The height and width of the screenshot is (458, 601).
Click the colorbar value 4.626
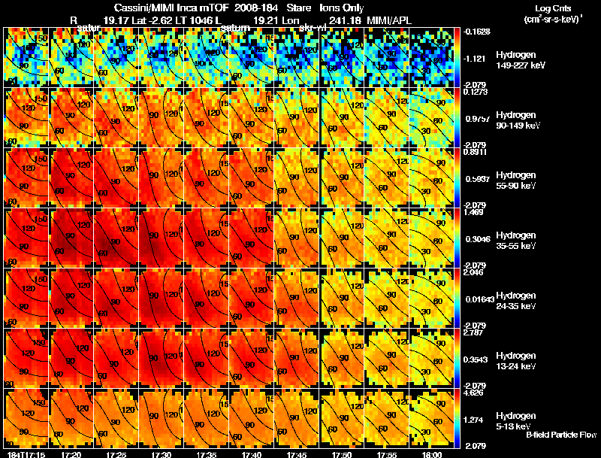(473, 393)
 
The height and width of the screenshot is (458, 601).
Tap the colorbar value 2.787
(473, 332)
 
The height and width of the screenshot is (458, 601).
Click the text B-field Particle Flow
(561, 435)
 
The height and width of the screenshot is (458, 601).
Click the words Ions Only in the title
(342, 8)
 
